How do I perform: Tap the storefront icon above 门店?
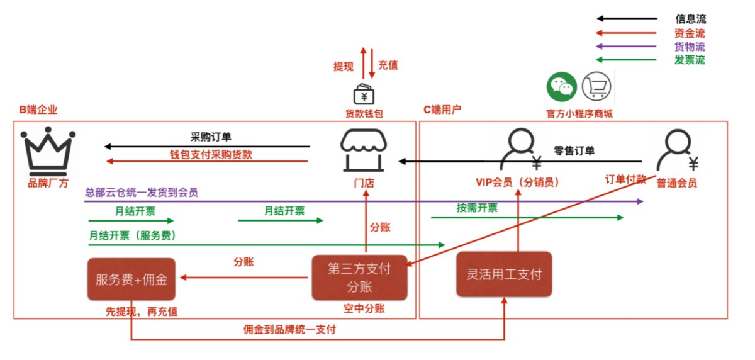click(364, 150)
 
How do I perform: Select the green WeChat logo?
click(561, 87)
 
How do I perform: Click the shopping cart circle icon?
click(596, 86)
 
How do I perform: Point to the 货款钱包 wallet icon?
click(364, 94)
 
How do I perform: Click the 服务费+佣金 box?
click(131, 279)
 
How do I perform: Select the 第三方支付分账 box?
click(360, 278)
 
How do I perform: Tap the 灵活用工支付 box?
click(504, 274)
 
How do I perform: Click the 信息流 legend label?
click(690, 19)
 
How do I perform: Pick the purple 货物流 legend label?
click(690, 47)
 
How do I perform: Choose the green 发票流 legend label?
click(690, 60)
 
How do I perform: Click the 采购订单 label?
click(211, 137)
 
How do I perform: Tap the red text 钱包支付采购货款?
click(211, 154)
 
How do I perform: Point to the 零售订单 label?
click(574, 150)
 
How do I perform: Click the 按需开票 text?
click(477, 208)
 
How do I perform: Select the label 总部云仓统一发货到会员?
click(141, 192)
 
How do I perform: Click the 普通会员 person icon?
click(678, 150)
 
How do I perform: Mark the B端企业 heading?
click(38, 110)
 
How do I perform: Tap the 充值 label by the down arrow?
click(388, 65)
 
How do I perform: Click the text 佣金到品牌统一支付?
click(289, 329)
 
